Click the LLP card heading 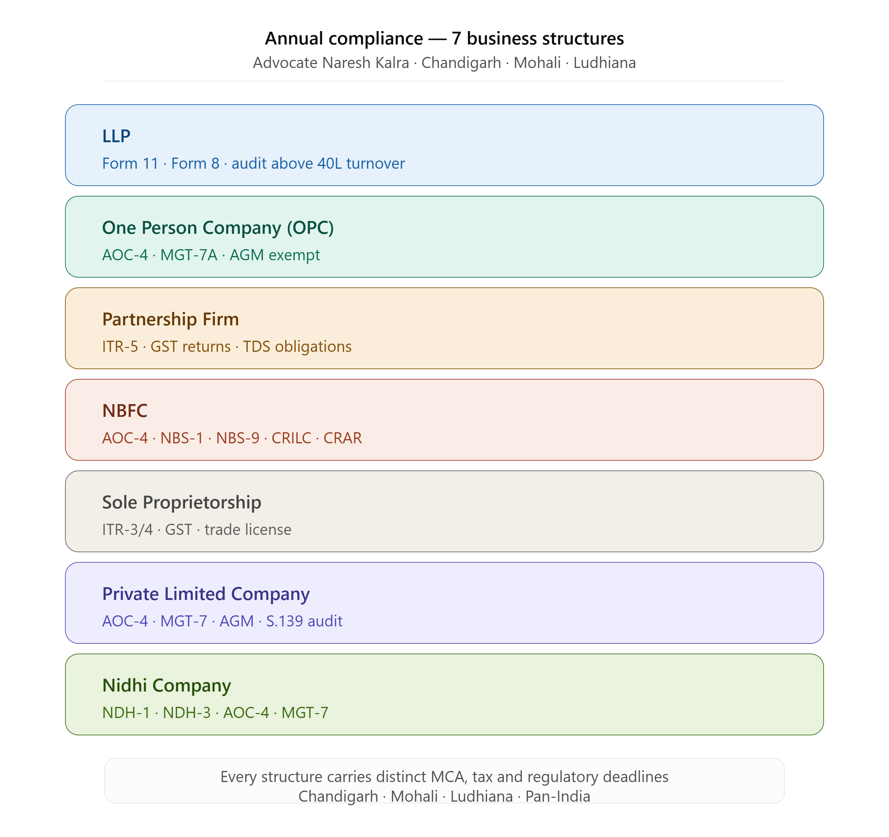click(116, 136)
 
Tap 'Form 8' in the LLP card click(195, 164)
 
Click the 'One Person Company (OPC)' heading click(218, 228)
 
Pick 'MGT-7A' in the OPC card click(189, 255)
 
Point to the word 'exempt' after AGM click(294, 255)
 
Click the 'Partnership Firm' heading click(170, 319)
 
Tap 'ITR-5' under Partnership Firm click(120, 347)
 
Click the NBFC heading click(125, 411)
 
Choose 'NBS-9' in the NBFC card click(238, 438)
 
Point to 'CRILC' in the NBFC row click(291, 438)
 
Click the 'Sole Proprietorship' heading click(181, 503)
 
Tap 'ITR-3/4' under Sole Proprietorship click(127, 530)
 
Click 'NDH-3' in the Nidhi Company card click(187, 713)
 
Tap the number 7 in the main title click(456, 39)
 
